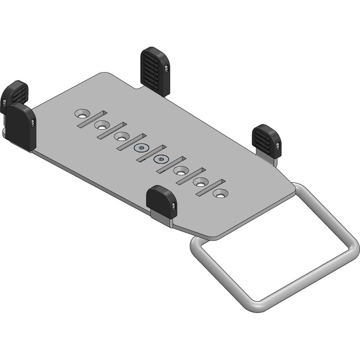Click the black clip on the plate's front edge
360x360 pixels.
[x=161, y=201]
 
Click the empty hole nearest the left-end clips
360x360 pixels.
[x=82, y=113]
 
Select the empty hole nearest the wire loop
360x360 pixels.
[x=220, y=194]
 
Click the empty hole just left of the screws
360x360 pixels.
[x=121, y=137]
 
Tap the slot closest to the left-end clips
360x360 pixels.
[x=93, y=119]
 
